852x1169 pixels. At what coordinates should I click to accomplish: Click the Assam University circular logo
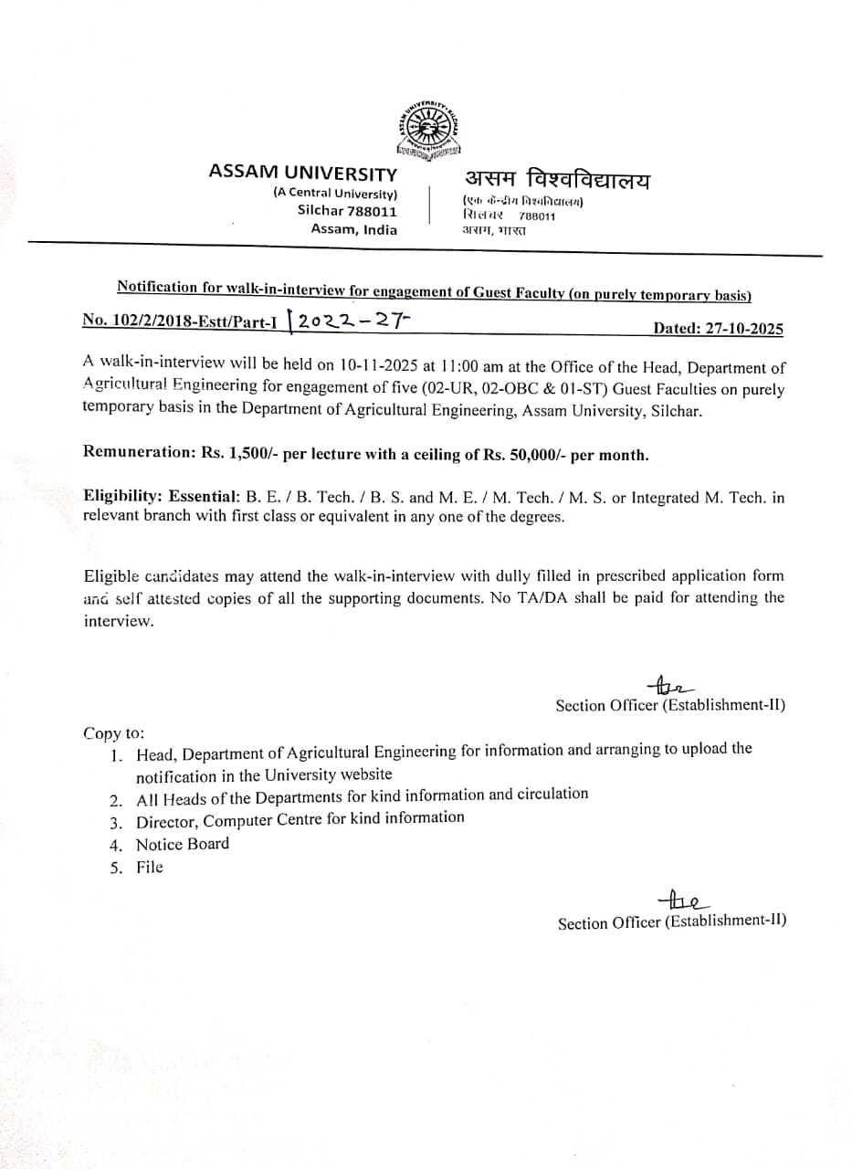[429, 126]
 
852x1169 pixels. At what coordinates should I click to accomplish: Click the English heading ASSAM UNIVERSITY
[302, 173]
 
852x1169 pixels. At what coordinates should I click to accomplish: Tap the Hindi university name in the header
[557, 179]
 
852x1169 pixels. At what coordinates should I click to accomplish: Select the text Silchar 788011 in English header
[347, 211]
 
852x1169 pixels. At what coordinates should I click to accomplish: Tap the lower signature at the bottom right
[679, 901]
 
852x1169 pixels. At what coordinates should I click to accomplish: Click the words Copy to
[113, 732]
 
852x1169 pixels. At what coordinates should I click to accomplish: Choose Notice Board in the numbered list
[183, 844]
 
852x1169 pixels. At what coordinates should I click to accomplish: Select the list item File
[150, 868]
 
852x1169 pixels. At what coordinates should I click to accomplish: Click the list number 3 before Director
[116, 821]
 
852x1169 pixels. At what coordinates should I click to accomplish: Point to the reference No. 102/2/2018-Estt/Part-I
[180, 320]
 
